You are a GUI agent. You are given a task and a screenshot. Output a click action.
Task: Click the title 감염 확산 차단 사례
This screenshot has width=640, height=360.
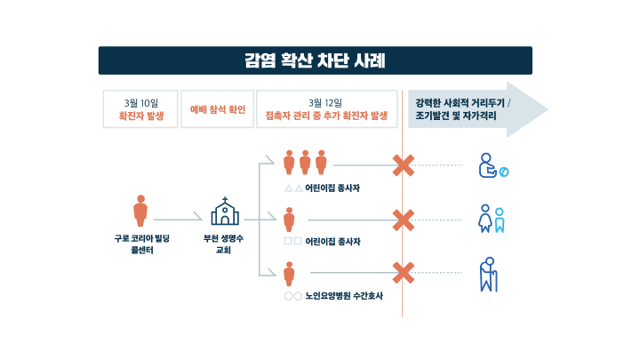315,60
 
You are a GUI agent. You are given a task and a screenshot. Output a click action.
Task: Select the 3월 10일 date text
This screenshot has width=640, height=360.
140,103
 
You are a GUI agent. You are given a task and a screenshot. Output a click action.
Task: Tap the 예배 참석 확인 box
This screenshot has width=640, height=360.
218,109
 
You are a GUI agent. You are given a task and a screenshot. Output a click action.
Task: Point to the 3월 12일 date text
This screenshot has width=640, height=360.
325,103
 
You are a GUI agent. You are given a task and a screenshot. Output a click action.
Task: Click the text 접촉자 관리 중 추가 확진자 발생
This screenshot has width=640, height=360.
326,116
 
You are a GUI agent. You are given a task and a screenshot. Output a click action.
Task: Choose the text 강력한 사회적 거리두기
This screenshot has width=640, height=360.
460,103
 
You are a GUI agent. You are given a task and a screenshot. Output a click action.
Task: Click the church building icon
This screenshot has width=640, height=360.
225,211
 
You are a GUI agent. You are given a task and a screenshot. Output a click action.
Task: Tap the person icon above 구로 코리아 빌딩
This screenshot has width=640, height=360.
140,211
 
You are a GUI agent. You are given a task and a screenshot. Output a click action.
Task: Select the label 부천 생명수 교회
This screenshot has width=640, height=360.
223,244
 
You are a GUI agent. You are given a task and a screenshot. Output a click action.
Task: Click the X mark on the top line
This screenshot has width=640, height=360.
404,165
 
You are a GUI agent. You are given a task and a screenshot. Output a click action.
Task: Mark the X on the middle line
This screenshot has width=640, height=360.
404,220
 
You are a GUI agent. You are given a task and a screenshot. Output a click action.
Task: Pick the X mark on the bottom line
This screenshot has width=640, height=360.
404,273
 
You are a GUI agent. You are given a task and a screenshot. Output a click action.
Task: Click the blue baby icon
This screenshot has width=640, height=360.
493,165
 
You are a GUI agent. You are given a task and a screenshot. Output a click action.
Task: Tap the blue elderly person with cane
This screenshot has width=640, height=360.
489,275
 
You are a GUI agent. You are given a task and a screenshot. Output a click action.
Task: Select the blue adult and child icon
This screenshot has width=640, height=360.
492,219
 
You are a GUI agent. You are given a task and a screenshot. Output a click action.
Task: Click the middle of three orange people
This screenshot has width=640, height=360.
305,163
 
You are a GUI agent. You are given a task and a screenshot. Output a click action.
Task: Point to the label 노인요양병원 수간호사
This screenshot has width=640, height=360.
344,296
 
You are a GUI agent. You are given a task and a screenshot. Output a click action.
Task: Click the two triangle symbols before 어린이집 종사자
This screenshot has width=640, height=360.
293,188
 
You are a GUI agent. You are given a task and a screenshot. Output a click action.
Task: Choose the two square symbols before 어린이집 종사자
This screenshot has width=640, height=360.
293,241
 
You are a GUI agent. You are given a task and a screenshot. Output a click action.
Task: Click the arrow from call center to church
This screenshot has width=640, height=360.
178,220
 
